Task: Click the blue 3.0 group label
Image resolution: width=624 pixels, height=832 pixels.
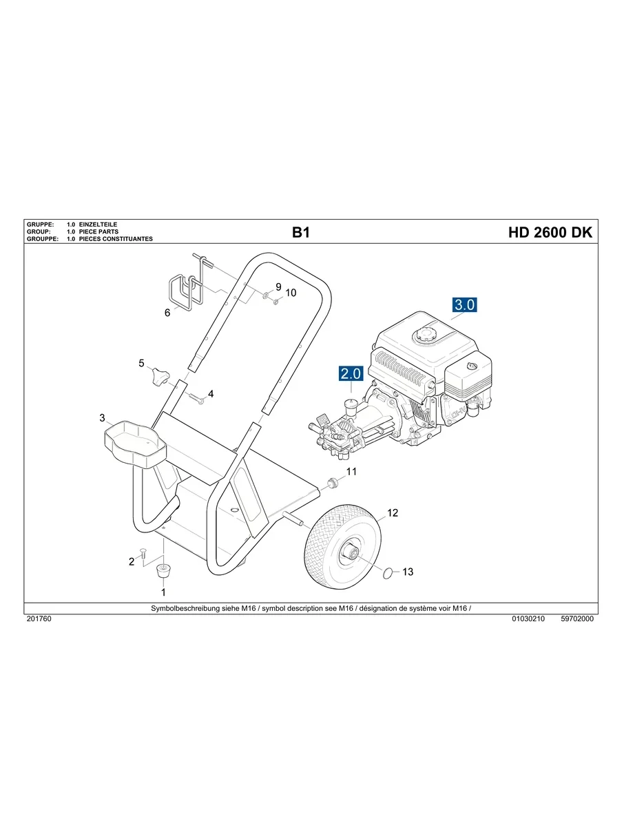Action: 464,304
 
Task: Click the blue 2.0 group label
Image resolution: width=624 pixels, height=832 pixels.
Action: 350,374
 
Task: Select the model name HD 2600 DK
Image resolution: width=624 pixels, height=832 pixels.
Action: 550,233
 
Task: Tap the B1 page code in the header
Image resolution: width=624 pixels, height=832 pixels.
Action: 301,233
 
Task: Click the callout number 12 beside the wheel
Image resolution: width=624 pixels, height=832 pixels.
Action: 393,513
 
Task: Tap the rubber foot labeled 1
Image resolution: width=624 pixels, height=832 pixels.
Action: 163,570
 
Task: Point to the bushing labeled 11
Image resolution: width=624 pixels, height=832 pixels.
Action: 333,481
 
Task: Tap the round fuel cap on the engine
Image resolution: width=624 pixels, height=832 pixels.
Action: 422,336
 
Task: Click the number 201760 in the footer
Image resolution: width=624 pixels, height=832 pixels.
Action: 39,619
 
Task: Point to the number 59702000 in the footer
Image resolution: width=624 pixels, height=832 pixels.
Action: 577,619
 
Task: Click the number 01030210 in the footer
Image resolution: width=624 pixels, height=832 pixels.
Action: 528,619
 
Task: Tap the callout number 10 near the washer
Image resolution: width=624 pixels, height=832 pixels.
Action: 291,293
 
